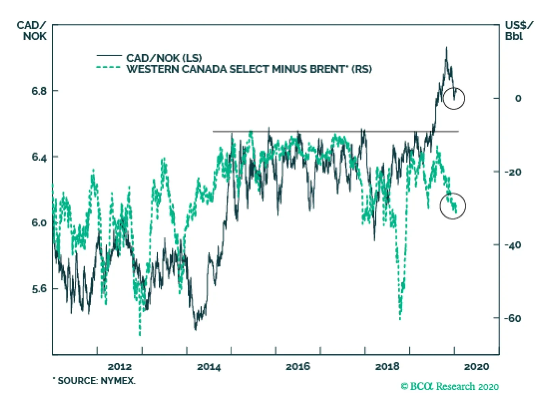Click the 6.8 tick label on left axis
click(x=39, y=91)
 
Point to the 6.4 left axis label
click(x=39, y=157)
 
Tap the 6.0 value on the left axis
click(x=39, y=223)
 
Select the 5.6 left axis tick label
click(x=39, y=289)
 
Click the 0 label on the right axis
click(x=518, y=99)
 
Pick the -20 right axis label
click(x=513, y=172)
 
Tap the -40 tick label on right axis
click(x=513, y=245)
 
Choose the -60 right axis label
click(x=513, y=318)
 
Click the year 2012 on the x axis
click(x=119, y=367)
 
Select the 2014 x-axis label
click(x=209, y=367)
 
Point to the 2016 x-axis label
click(x=298, y=367)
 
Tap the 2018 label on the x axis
click(x=387, y=367)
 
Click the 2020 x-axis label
click(x=477, y=367)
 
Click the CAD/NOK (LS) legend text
click(x=164, y=58)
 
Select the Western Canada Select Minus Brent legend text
click(x=249, y=69)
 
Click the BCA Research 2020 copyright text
click(x=450, y=386)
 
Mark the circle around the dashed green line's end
click(x=453, y=206)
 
